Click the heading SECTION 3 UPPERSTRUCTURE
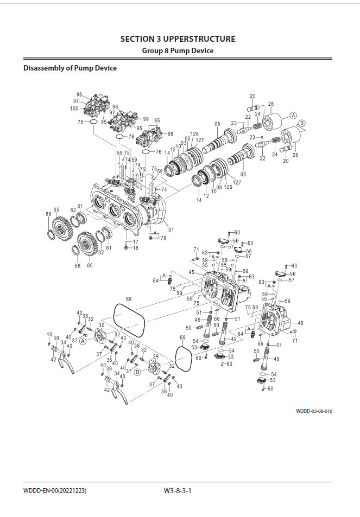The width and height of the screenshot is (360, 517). pyautogui.click(x=178, y=39)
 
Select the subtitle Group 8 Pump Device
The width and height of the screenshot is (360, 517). pyautogui.click(x=178, y=50)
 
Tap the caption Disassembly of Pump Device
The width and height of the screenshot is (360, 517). pyautogui.click(x=70, y=68)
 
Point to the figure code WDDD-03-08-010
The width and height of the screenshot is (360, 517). pyautogui.click(x=314, y=411)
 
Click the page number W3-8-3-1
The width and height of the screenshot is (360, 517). pyautogui.click(x=178, y=490)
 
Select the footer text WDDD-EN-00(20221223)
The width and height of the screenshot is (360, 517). pyautogui.click(x=55, y=490)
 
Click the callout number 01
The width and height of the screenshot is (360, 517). pyautogui.click(x=171, y=230)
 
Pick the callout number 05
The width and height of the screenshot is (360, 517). pyautogui.click(x=217, y=124)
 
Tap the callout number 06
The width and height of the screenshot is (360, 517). pyautogui.click(x=243, y=174)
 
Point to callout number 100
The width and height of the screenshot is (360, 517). pyautogui.click(x=74, y=108)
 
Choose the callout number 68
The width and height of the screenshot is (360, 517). pyautogui.click(x=129, y=299)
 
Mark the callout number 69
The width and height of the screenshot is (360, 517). pyautogui.click(x=182, y=337)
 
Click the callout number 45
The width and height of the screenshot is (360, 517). pyautogui.click(x=192, y=272)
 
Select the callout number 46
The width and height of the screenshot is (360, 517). pyautogui.click(x=301, y=323)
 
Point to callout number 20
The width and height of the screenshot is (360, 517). pyautogui.click(x=252, y=95)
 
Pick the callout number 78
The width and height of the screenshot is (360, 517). pyautogui.click(x=163, y=238)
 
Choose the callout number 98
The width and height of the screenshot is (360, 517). pyautogui.click(x=170, y=133)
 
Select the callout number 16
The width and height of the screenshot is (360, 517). pyautogui.click(x=136, y=248)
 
